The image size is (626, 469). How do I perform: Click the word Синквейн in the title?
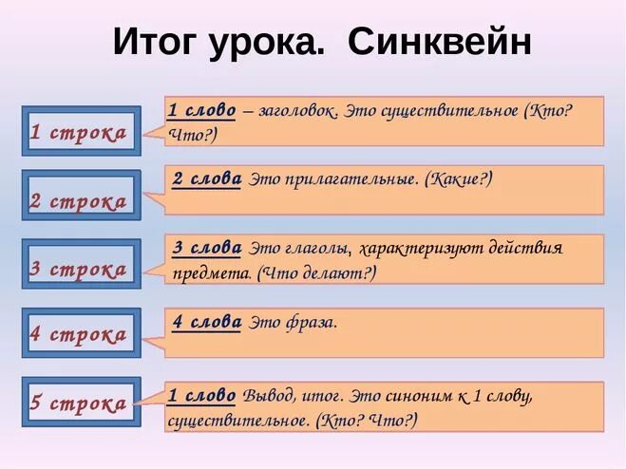[x=440, y=42]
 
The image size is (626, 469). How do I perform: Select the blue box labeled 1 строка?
[x=80, y=133]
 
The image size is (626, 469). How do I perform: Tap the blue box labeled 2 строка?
[x=80, y=201]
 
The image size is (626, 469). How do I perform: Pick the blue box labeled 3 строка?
[x=80, y=269]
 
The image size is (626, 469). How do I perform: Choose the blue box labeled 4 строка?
[x=80, y=334]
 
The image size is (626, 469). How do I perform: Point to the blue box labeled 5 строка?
[x=80, y=403]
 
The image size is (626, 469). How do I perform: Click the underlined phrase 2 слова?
[x=207, y=179]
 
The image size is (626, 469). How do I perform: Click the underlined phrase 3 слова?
[x=207, y=248]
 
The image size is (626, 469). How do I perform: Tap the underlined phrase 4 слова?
[x=207, y=322]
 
